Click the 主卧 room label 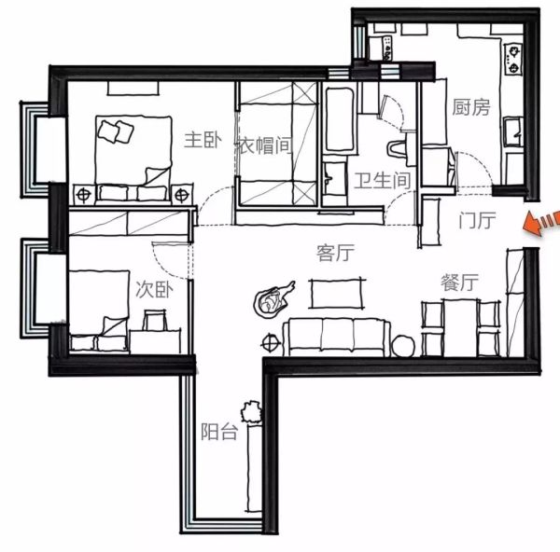tap(203, 140)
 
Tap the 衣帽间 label tap(263, 145)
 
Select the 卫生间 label tap(382, 180)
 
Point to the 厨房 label tap(471, 107)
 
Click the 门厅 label tap(477, 220)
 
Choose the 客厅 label tap(335, 253)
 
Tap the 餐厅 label tap(459, 283)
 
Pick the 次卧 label tap(154, 289)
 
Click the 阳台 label tap(219, 432)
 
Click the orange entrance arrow tap(541, 222)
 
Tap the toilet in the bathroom tap(398, 148)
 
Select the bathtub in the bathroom tap(339, 118)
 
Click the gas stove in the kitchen tap(513, 60)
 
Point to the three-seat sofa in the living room tap(337, 338)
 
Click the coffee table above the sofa tap(336, 294)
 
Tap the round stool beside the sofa tap(403, 346)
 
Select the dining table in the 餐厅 tap(460, 327)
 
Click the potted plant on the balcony tap(252, 411)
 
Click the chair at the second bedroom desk tap(155, 320)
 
